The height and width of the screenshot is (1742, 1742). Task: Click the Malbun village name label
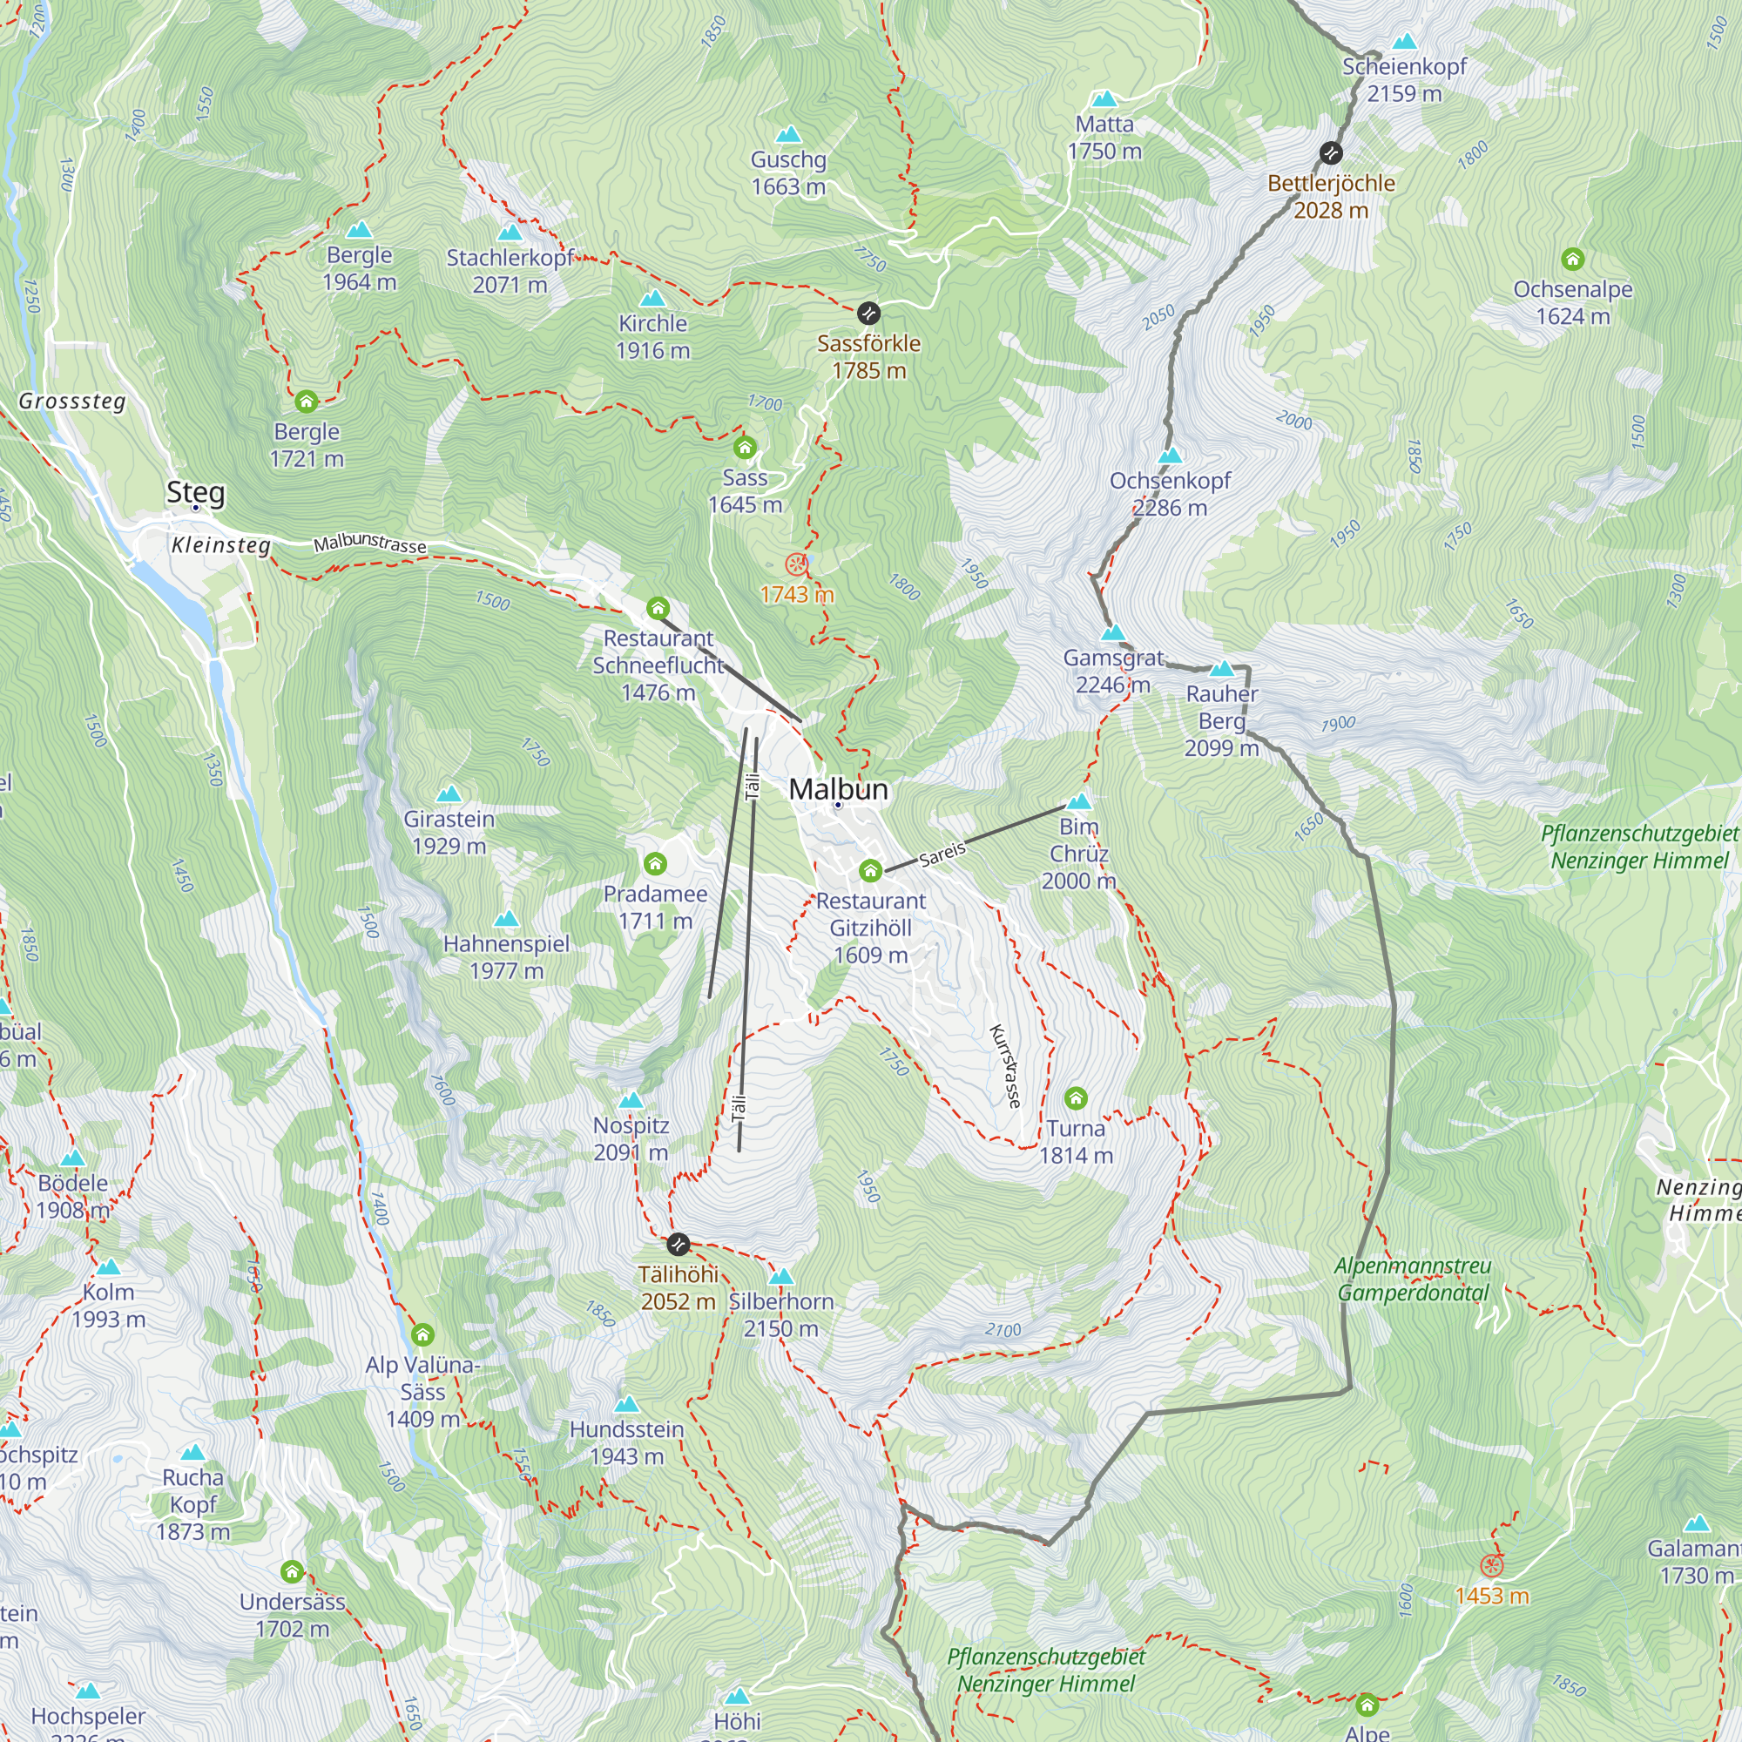point(838,789)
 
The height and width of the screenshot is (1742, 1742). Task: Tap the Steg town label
point(195,492)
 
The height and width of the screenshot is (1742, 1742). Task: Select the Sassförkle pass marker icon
point(868,313)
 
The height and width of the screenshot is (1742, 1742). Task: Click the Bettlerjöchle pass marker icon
point(1330,153)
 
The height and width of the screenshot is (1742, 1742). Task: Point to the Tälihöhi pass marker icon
point(678,1245)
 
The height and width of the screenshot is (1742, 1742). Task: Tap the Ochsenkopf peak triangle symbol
point(1170,456)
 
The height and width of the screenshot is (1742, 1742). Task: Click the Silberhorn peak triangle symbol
point(780,1277)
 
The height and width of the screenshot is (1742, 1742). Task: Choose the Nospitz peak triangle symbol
point(631,1100)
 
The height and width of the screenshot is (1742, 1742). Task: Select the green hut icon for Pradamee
point(655,864)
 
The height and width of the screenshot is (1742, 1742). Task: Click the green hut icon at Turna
point(1075,1098)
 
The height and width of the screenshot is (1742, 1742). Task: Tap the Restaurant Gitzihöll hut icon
point(869,870)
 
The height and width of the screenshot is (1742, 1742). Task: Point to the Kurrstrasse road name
point(1005,1066)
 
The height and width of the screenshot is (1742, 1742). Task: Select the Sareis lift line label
point(942,853)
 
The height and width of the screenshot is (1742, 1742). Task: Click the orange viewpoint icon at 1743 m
point(795,564)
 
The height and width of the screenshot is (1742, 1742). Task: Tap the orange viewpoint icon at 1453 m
point(1491,1565)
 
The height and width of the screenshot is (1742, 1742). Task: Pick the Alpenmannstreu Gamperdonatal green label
point(1412,1279)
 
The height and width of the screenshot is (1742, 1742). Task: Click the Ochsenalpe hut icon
point(1572,260)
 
